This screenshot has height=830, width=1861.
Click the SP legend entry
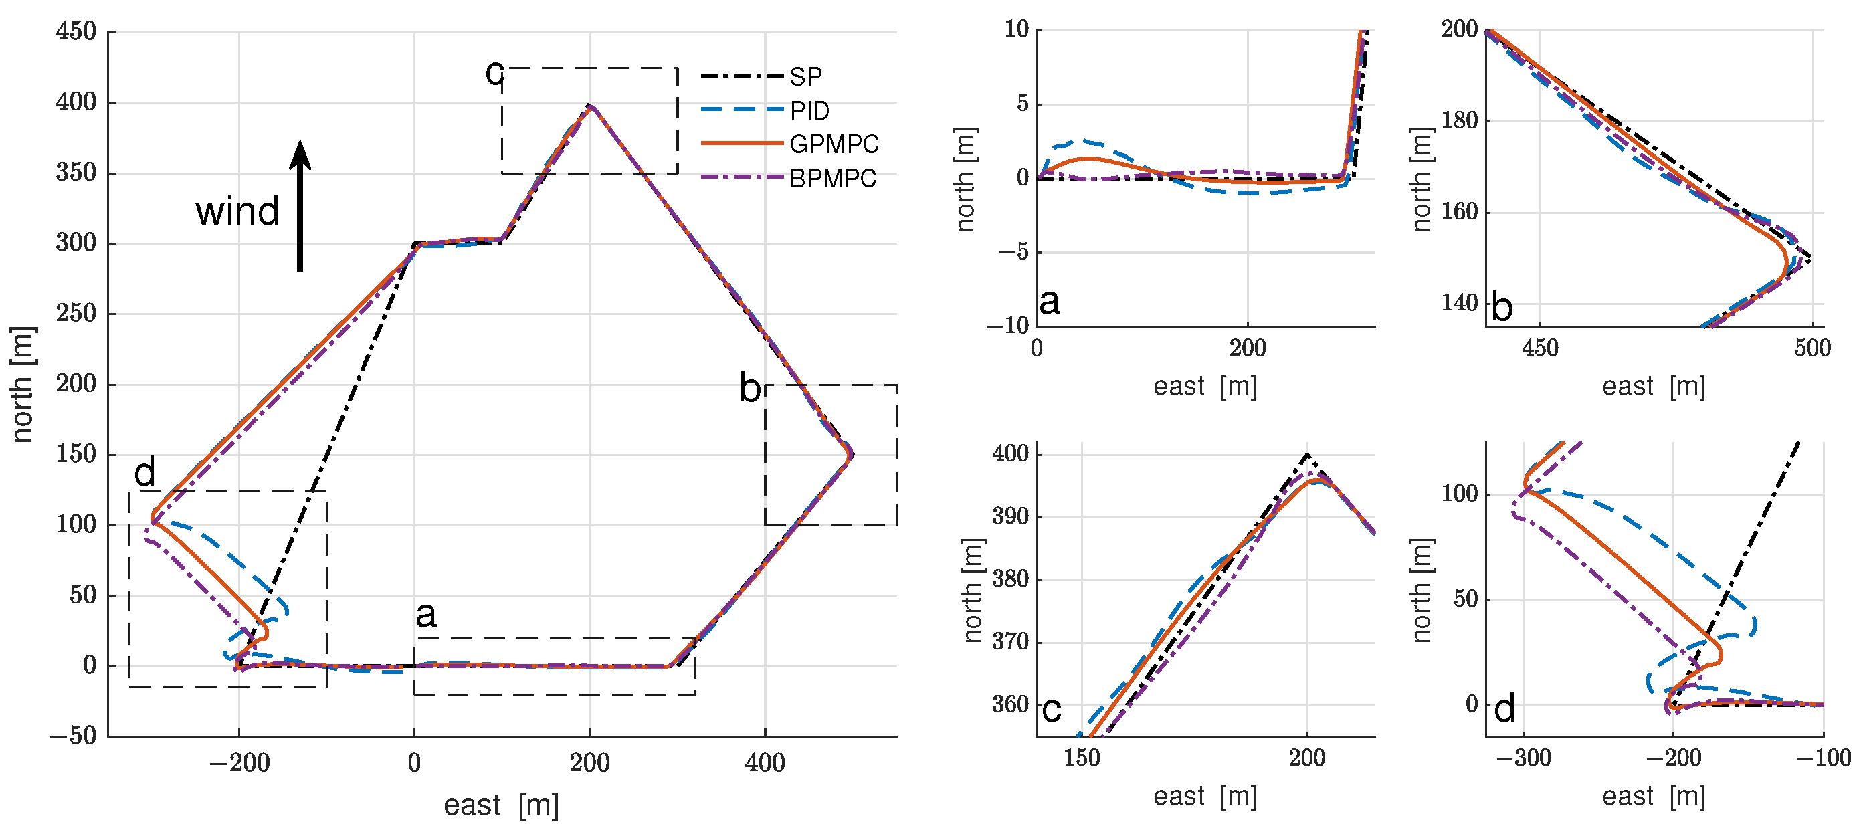[805, 76]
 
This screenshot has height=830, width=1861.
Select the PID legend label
[809, 110]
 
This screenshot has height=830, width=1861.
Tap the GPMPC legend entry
[834, 144]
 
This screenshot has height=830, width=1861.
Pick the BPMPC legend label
[832, 178]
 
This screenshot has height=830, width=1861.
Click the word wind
[237, 211]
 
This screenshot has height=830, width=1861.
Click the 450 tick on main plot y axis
[76, 32]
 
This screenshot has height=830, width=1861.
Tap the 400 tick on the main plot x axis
[765, 763]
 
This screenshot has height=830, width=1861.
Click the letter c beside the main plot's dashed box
[494, 72]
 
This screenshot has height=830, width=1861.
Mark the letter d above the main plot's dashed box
[144, 473]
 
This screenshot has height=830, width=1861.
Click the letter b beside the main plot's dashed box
[750, 388]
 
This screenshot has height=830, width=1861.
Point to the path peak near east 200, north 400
[590, 106]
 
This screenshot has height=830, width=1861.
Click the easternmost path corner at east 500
[852, 454]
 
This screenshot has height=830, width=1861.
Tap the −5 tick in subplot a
[1013, 252]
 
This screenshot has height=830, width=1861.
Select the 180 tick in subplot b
[1460, 120]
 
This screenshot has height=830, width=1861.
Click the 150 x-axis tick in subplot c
[1082, 758]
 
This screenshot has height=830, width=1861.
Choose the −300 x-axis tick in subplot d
[1523, 758]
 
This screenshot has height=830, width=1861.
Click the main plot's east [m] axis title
[500, 805]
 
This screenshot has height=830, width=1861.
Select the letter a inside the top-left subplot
[1049, 301]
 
